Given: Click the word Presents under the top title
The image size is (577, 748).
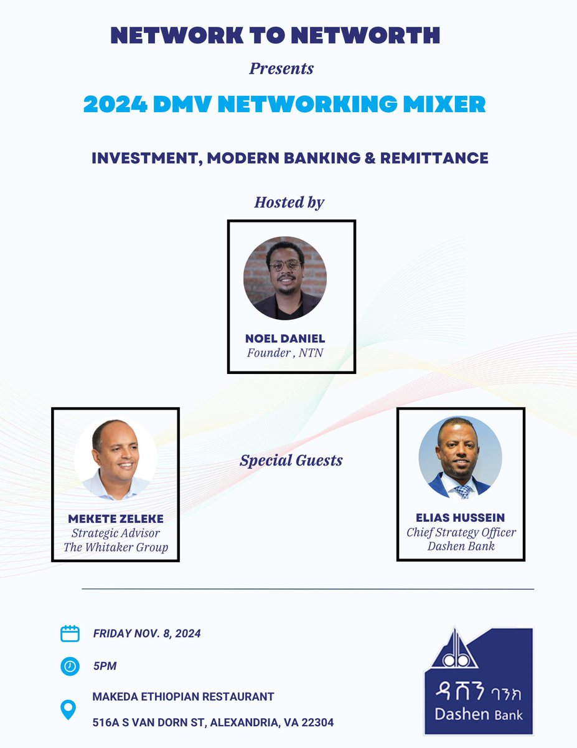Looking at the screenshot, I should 281,68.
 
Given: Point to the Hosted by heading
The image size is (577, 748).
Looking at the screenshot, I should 289,202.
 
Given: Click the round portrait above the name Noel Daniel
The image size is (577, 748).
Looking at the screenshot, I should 285,279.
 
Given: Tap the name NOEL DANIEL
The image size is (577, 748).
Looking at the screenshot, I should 285,339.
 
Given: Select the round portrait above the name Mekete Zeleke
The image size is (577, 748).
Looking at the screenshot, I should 115,458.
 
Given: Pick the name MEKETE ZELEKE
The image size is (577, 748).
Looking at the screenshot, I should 115,519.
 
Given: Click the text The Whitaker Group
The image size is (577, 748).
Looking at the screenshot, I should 115,548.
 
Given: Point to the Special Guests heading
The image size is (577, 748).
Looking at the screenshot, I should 291,461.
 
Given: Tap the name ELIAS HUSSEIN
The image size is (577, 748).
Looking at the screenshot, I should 461,519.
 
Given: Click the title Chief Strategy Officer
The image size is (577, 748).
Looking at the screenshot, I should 461,533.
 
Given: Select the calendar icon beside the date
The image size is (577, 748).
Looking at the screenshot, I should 70,633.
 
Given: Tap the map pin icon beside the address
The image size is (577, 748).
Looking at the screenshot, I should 68,709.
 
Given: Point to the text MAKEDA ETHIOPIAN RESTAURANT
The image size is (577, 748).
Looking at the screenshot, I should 184,696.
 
